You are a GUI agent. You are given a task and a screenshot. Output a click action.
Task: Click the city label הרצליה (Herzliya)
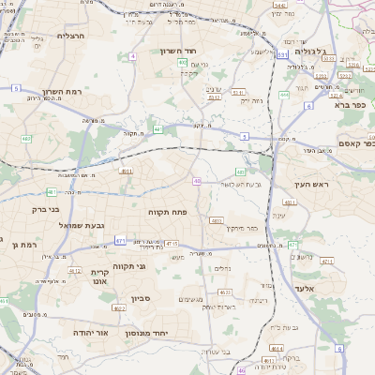click(70, 35)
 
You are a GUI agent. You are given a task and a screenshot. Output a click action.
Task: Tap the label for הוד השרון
click(175, 51)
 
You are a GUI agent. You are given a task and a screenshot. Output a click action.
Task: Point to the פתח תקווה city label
click(168, 213)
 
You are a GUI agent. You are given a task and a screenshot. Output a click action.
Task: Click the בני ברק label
click(45, 210)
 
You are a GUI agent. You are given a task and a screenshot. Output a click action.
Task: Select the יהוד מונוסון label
click(172, 332)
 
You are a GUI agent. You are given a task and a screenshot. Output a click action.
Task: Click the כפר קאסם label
click(354, 143)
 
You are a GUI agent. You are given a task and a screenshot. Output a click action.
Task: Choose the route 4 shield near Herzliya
click(133, 56)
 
